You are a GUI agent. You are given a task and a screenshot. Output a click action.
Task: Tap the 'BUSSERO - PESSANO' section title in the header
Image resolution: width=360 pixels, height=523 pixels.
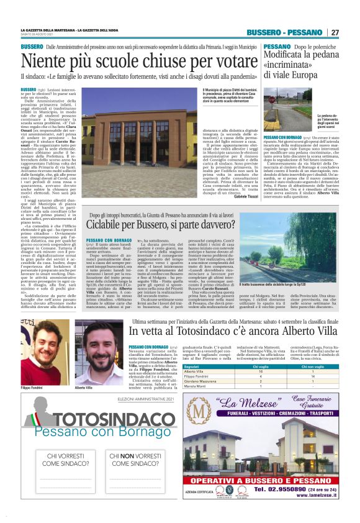[285, 32]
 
